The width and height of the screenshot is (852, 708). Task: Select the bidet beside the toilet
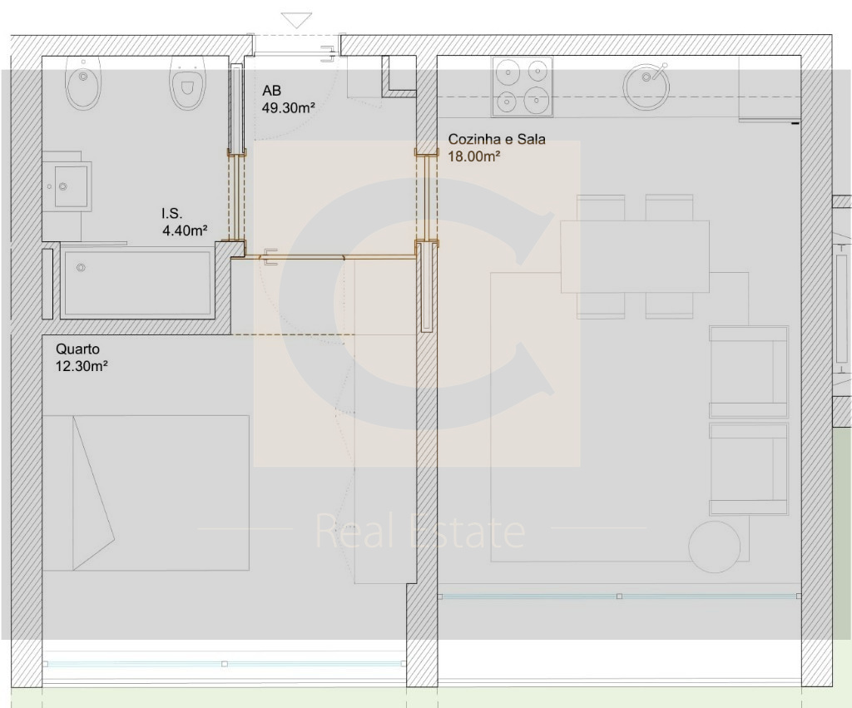[83, 82]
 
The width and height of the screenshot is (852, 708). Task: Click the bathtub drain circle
[81, 267]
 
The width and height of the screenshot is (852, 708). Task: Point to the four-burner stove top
[523, 87]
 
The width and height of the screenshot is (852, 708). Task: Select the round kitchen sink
[646, 85]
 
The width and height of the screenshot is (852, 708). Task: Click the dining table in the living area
[635, 256]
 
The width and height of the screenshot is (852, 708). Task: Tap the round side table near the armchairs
[714, 547]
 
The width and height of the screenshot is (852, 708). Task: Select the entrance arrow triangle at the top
[297, 21]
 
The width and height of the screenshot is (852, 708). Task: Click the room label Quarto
[77, 349]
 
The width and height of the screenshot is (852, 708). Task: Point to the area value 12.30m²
[82, 366]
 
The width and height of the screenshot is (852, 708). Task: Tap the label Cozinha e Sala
[497, 139]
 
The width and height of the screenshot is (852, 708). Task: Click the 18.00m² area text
[473, 156]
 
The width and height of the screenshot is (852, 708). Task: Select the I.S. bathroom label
[171, 214]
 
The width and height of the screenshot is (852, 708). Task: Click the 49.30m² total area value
[289, 107]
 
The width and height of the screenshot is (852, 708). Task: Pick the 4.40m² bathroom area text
[185, 230]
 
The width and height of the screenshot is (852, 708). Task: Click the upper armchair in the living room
[748, 372]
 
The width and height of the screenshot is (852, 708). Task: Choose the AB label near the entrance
[272, 90]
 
